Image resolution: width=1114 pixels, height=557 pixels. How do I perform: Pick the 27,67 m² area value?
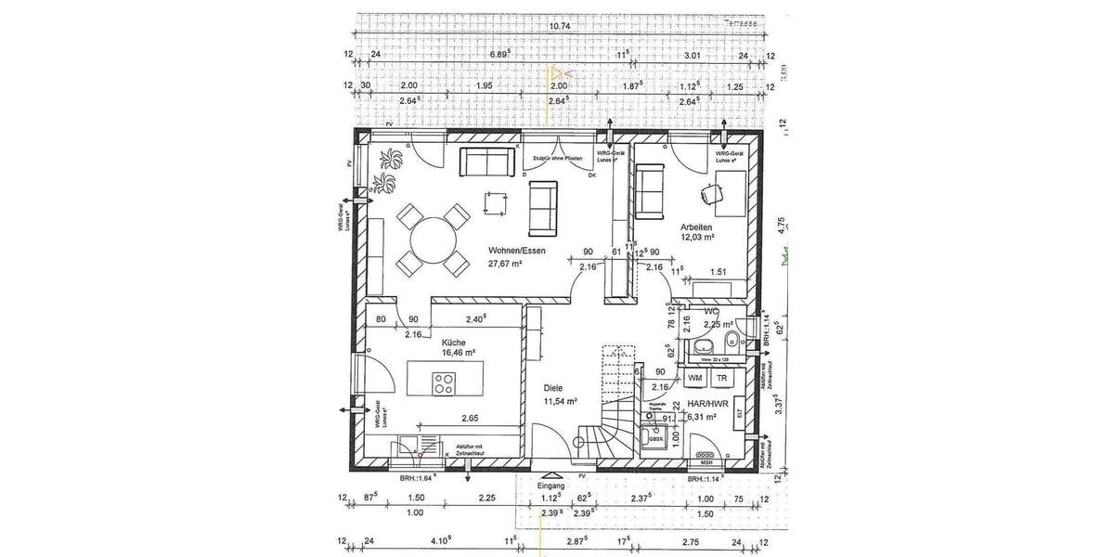tap(505, 264)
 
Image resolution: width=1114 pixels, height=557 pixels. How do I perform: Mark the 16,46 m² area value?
tap(459, 353)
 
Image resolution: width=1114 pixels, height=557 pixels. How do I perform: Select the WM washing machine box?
tap(694, 378)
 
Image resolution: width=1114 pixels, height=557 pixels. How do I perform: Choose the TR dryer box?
tap(719, 378)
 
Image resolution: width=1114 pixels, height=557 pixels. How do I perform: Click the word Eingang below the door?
tap(551, 486)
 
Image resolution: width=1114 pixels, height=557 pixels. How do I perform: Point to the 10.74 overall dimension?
tap(560, 27)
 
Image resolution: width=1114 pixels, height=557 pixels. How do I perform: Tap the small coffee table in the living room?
tap(494, 201)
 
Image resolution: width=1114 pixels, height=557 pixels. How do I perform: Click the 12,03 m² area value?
tap(696, 238)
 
